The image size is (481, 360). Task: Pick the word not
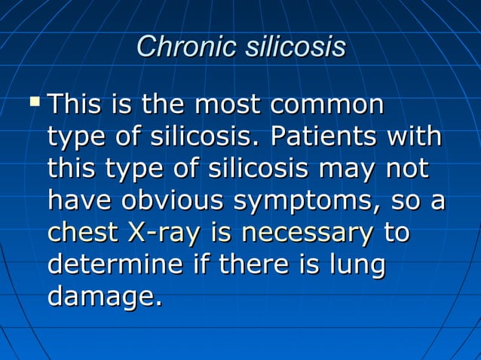pyautogui.click(x=406, y=170)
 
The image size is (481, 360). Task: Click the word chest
pyautogui.click(x=80, y=233)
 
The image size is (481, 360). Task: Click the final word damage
pyautogui.click(x=104, y=298)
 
